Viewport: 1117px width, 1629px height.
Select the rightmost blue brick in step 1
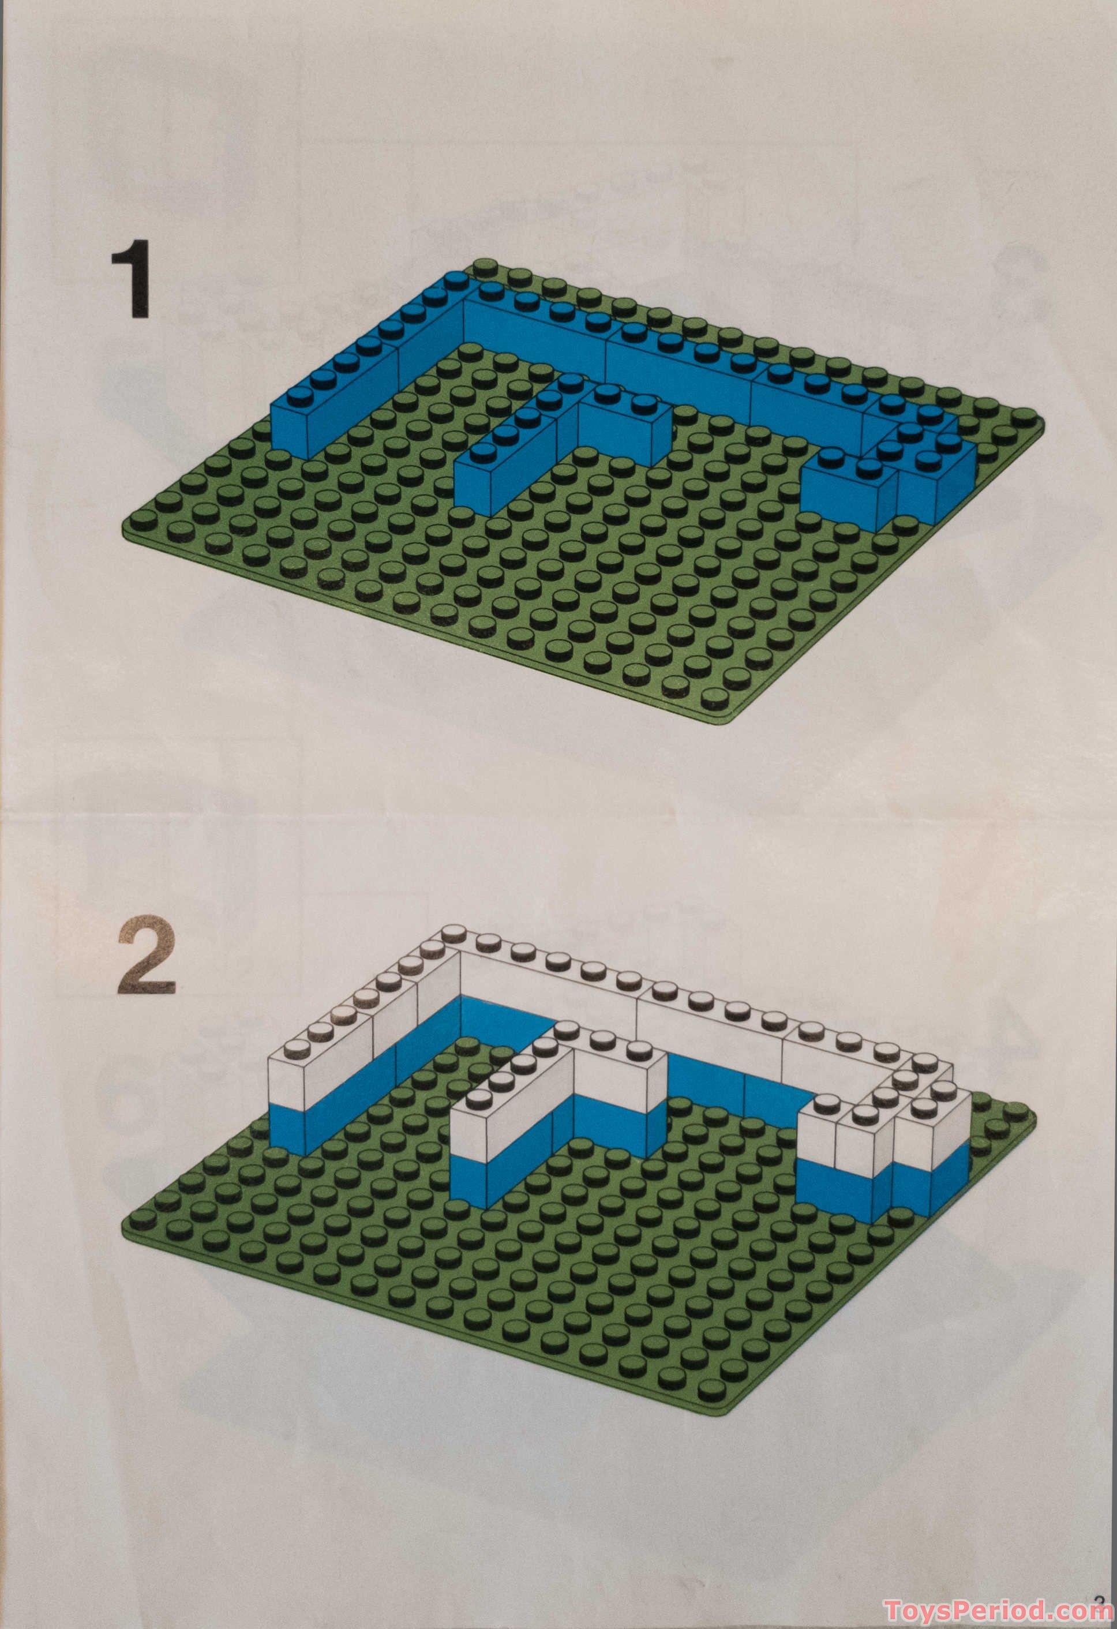(939, 484)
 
